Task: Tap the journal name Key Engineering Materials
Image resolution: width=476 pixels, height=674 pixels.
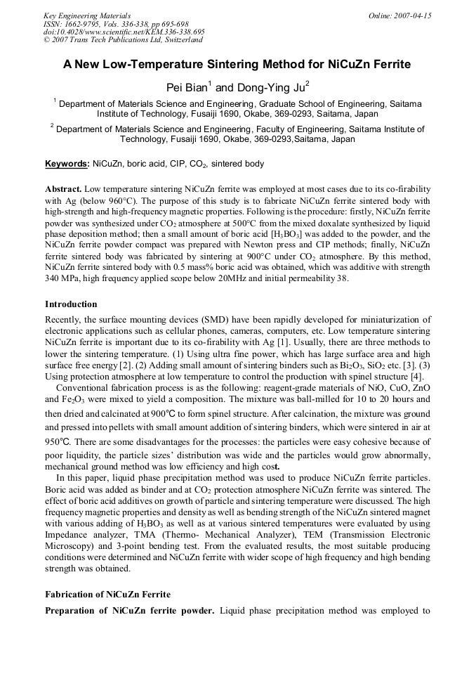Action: [87, 15]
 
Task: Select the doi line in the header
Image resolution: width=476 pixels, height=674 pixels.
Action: [124, 32]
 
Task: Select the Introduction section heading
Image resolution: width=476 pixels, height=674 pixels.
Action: [71, 304]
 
